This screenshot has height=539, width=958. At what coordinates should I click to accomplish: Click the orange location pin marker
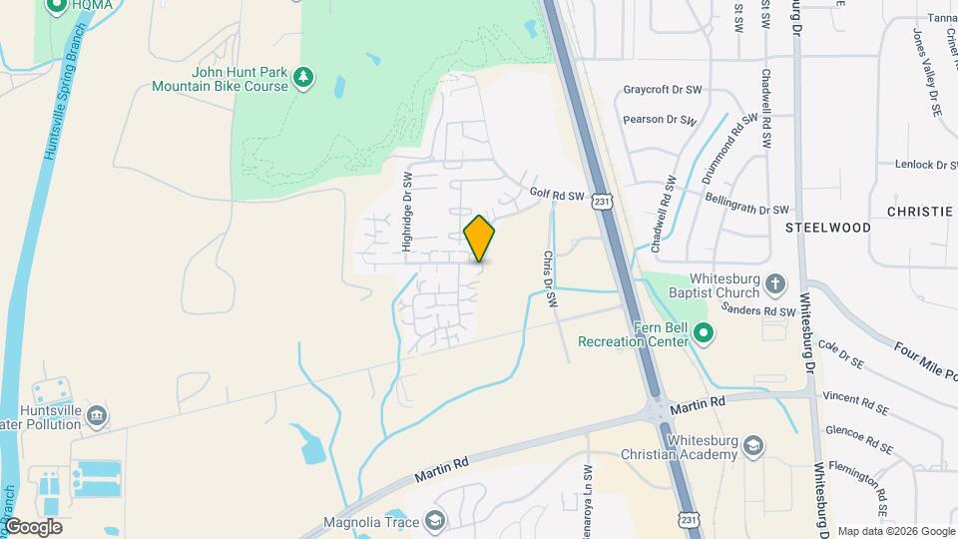click(479, 238)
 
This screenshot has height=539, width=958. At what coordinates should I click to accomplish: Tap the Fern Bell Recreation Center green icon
click(705, 333)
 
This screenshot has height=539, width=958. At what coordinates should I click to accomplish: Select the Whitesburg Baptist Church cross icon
click(775, 287)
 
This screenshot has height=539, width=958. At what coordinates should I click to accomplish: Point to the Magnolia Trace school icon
click(434, 521)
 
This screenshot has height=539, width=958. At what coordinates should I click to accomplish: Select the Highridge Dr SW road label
click(407, 210)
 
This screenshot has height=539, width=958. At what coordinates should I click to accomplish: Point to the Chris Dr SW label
click(549, 278)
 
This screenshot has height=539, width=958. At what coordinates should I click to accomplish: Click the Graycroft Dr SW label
click(663, 89)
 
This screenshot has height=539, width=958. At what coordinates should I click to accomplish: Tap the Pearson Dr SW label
click(659, 120)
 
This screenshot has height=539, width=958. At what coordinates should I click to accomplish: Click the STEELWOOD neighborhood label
click(827, 228)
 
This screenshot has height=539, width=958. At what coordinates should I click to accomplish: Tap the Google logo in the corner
click(34, 526)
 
